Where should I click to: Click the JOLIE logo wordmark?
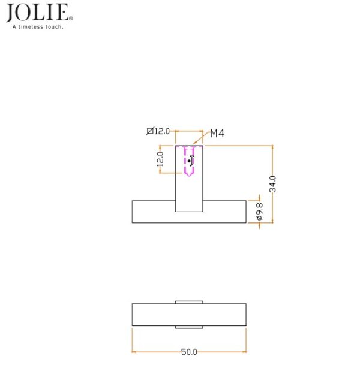[37, 13]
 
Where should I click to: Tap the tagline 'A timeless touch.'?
[38, 27]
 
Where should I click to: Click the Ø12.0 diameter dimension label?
[158, 131]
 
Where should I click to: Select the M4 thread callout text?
[217, 133]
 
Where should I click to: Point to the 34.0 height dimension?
[272, 184]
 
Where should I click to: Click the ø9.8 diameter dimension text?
[259, 212]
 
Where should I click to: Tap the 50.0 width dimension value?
[189, 352]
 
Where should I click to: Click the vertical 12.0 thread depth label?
[160, 159]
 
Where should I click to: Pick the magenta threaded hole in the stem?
[189, 161]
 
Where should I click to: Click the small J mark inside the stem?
[191, 161]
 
